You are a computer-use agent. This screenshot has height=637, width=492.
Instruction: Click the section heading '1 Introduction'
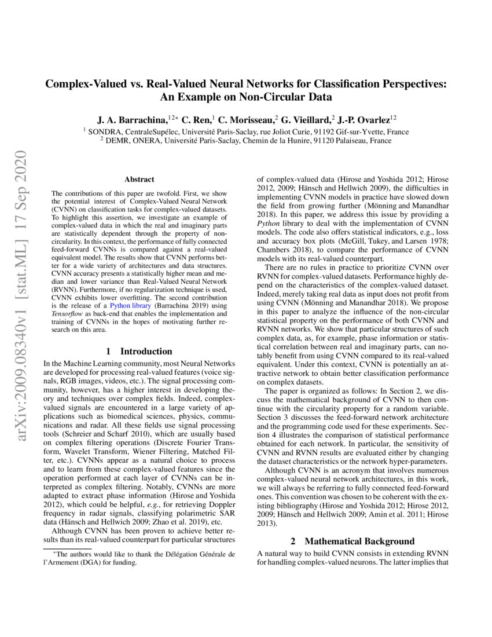point(139,351)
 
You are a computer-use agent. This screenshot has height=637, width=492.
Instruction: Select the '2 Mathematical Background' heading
point(352,541)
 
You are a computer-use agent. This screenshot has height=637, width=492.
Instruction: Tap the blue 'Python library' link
point(133,305)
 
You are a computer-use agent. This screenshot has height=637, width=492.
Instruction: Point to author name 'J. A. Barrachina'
point(131,120)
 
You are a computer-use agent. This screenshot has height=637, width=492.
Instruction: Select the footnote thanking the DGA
point(139,558)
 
